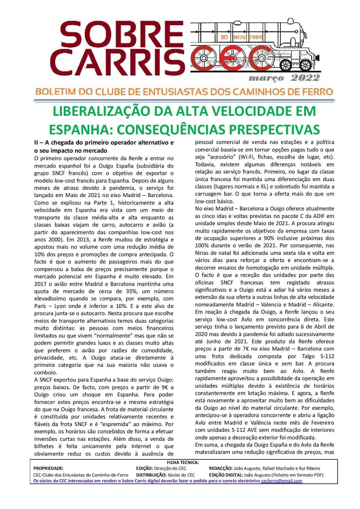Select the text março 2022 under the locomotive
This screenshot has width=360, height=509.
point(284,78)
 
